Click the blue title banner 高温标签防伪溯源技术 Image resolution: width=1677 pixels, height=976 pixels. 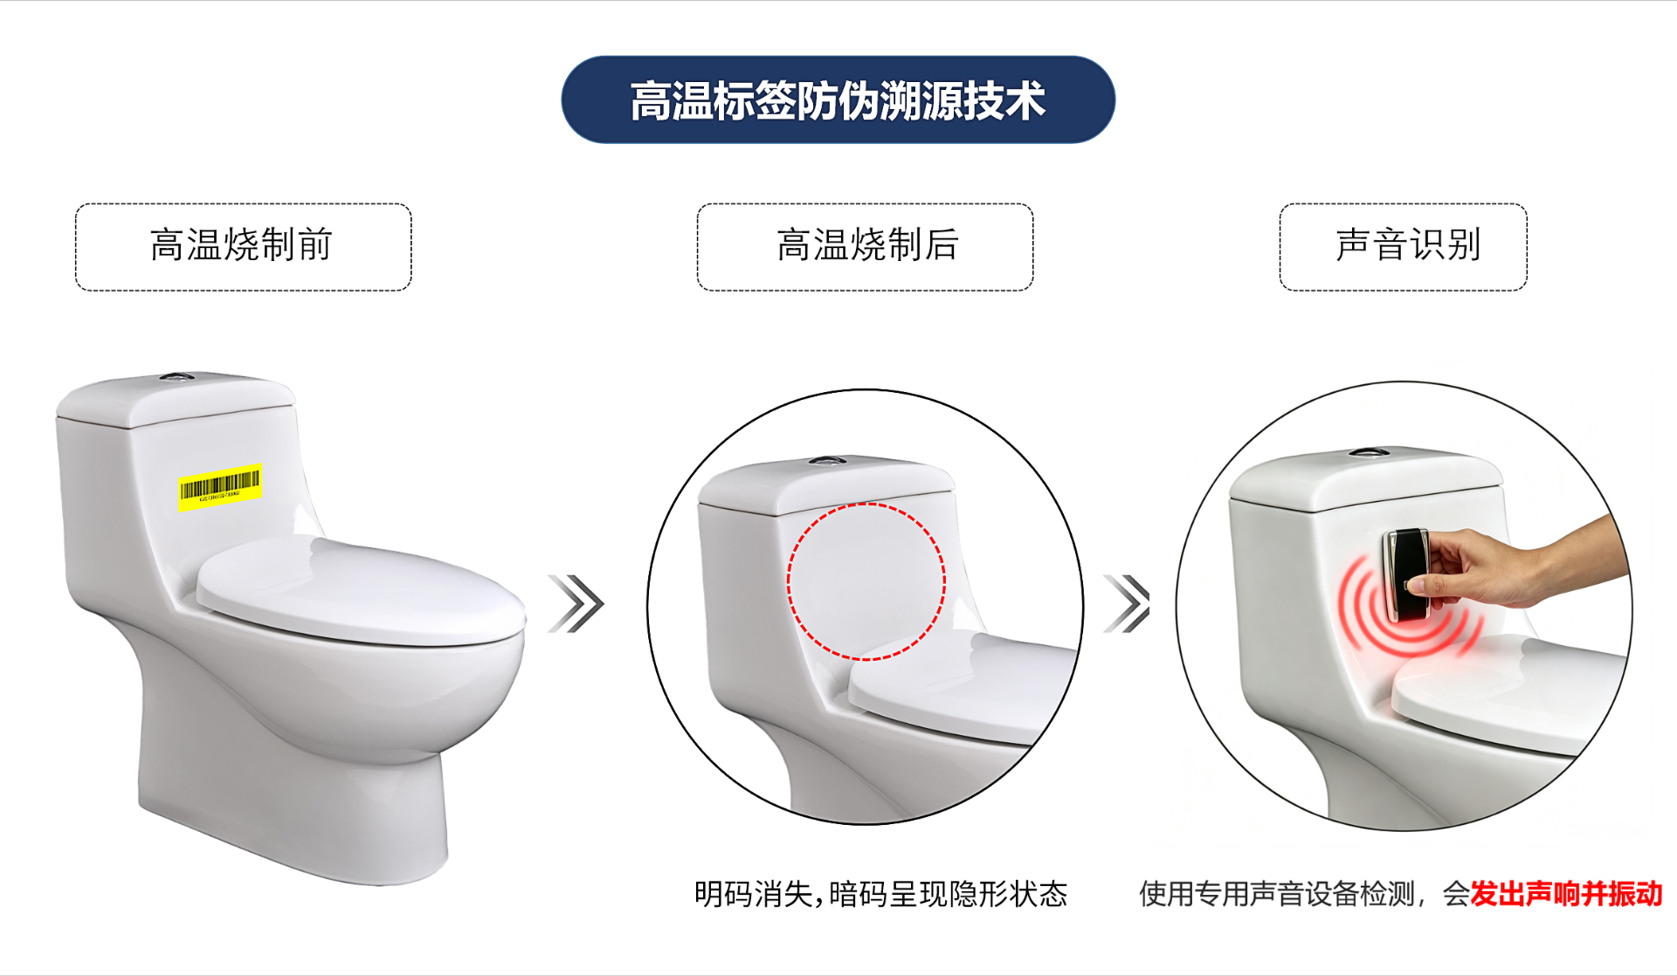(x=838, y=100)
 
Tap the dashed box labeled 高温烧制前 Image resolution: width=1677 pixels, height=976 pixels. (x=243, y=247)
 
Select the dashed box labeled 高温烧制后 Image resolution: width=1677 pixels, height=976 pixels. (x=865, y=247)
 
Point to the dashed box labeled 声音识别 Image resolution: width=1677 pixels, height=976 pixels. (x=1403, y=247)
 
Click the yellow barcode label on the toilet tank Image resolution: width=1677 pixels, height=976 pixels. (x=220, y=486)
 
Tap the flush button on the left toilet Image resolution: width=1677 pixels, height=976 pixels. (x=177, y=378)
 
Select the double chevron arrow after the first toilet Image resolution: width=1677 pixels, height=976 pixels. (x=576, y=603)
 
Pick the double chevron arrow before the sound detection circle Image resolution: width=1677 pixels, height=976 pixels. (x=1128, y=603)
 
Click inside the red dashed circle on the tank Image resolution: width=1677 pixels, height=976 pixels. (x=866, y=581)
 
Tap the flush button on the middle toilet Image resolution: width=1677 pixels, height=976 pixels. (x=827, y=460)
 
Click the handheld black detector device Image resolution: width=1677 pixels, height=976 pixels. (x=1405, y=574)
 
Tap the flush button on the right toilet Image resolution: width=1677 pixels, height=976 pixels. (x=1368, y=453)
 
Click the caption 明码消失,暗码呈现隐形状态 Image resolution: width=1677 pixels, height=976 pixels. (x=880, y=894)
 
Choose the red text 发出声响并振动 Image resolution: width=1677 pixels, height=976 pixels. (x=1565, y=894)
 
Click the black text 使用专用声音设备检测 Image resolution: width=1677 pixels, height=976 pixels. (x=1276, y=894)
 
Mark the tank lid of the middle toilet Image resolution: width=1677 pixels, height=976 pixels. (x=826, y=485)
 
